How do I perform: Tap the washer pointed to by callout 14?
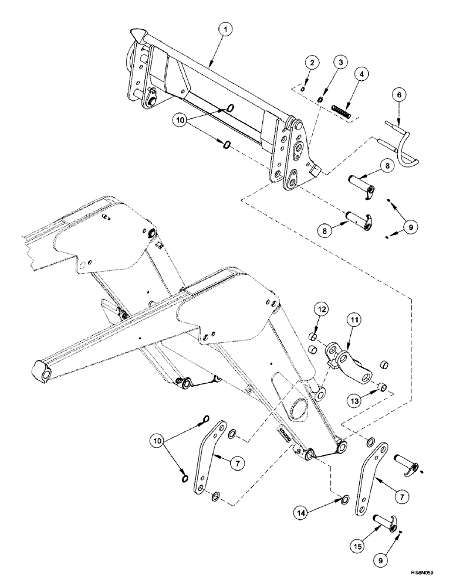click(345, 500)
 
